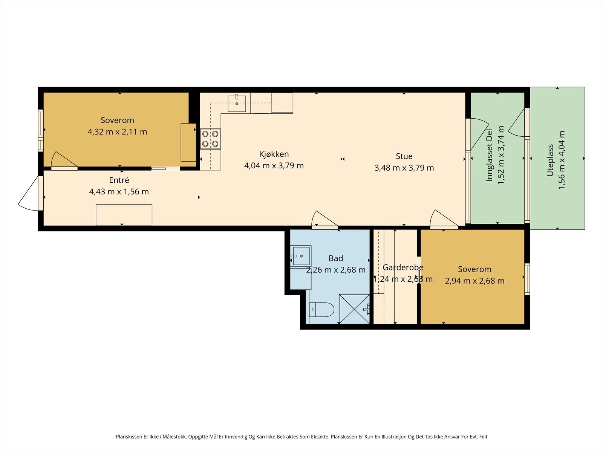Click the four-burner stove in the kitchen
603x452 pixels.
click(210, 139)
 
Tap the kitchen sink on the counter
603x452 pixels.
click(237, 104)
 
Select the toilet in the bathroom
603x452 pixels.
click(321, 310)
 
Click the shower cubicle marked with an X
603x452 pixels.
click(354, 309)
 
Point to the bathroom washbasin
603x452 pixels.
click(301, 256)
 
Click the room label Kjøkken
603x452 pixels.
click(274, 154)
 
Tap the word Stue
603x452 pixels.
click(404, 156)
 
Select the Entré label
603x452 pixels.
click(119, 180)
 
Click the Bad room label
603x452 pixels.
click(336, 258)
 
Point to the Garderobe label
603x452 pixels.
click(403, 267)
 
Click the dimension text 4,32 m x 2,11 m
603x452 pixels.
click(117, 132)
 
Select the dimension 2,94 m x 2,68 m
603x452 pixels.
click(475, 281)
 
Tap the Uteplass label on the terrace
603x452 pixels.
click(550, 160)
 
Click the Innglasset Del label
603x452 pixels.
click(490, 155)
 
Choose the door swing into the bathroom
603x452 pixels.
click(324, 219)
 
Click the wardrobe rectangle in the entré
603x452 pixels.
click(124, 215)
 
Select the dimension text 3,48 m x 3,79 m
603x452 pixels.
click(404, 168)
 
